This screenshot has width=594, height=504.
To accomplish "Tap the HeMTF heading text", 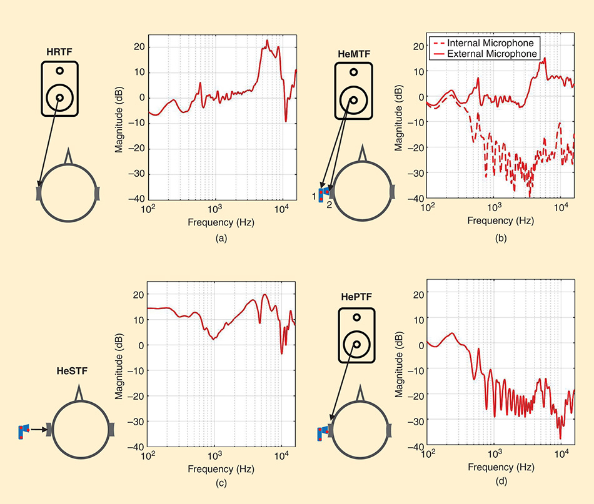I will click(x=354, y=54).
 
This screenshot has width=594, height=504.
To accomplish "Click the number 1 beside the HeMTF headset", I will click(x=316, y=197).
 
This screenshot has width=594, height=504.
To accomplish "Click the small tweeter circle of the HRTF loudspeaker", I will click(x=59, y=71).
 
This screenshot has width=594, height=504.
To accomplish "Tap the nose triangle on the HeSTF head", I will click(x=78, y=393).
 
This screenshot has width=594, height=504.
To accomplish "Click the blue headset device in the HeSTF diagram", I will click(x=24, y=431).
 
